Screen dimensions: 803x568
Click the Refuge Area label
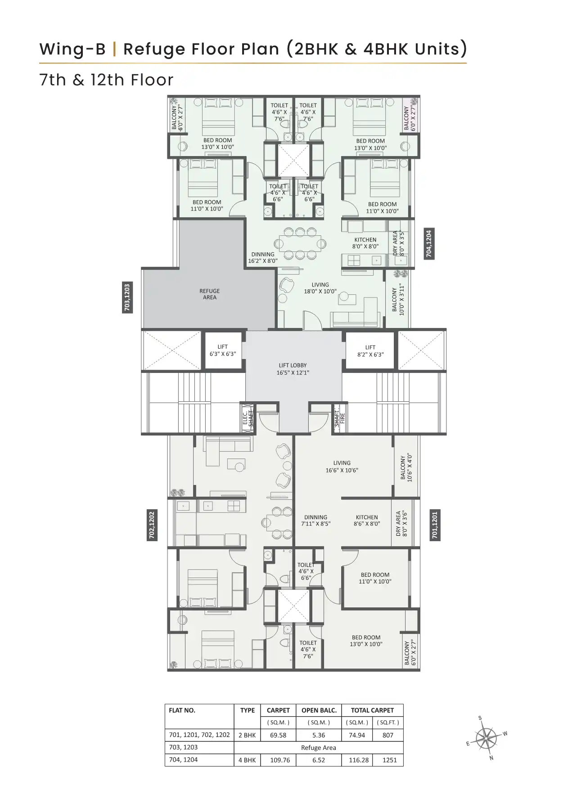pyautogui.click(x=209, y=294)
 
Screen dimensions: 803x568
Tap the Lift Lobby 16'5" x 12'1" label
pyautogui.click(x=293, y=369)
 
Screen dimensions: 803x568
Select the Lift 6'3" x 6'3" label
pyautogui.click(x=222, y=350)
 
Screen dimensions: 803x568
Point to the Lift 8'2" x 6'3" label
pyautogui.click(x=370, y=351)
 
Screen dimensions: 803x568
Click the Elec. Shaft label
pyautogui.click(x=248, y=418)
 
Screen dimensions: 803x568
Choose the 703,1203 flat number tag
pyautogui.click(x=127, y=297)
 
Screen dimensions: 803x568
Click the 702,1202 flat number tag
pyautogui.click(x=152, y=525)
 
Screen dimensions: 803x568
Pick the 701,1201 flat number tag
pyautogui.click(x=434, y=525)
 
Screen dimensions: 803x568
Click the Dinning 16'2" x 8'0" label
pyautogui.click(x=263, y=257)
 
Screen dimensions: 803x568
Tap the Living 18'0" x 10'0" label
pyautogui.click(x=320, y=288)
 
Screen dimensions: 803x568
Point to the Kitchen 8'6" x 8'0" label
pyautogui.click(x=366, y=520)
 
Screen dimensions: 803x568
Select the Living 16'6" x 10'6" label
pyautogui.click(x=342, y=467)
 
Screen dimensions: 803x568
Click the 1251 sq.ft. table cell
pyautogui.click(x=389, y=760)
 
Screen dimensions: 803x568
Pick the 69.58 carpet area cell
pyautogui.click(x=278, y=735)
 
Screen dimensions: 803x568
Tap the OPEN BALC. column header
pyautogui.click(x=319, y=710)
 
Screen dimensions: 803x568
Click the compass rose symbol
pyautogui.click(x=487, y=737)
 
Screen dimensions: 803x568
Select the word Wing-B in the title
pyautogui.click(x=72, y=49)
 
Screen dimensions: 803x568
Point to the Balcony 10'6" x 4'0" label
pyautogui.click(x=406, y=467)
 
